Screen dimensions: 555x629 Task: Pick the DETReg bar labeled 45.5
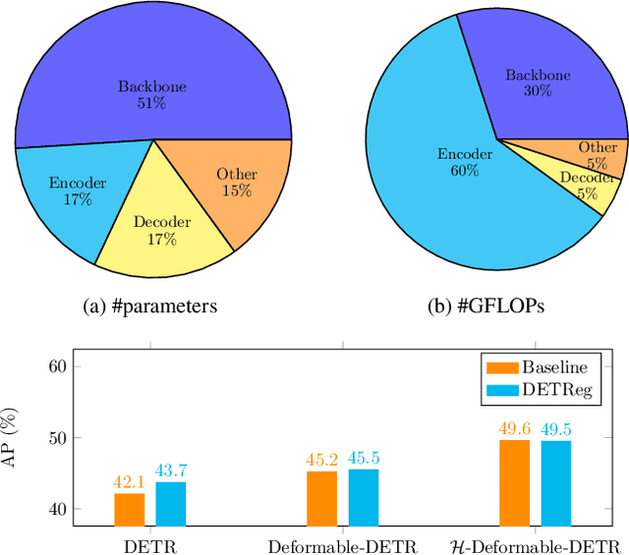coord(363,497)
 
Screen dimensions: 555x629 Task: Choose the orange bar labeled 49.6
coord(514,482)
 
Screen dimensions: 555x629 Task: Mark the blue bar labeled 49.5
coord(555,482)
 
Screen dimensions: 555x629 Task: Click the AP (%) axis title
coord(13,437)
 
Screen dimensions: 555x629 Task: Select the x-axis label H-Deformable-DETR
coord(535,545)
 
